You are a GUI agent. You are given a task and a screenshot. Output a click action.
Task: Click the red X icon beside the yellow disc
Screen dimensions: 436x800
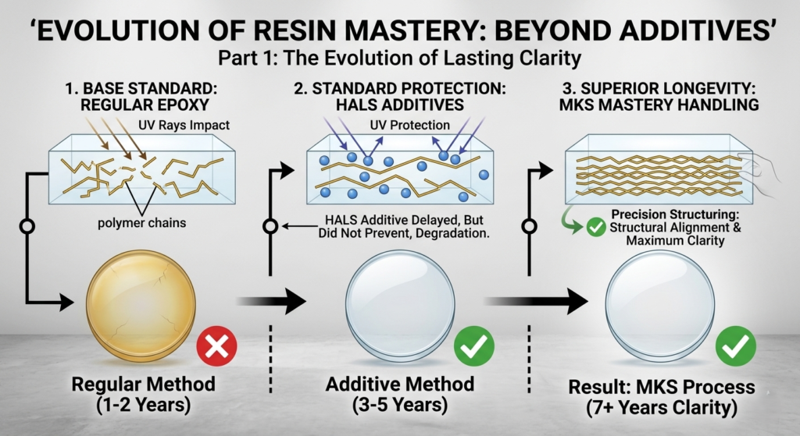(x=216, y=346)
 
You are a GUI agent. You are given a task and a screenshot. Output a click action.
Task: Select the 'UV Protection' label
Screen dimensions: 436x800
(x=412, y=125)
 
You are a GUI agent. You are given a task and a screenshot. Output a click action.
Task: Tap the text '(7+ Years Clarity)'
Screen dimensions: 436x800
(x=662, y=408)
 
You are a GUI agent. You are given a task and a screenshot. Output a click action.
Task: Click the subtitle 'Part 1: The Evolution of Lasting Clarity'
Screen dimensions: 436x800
(x=399, y=58)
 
